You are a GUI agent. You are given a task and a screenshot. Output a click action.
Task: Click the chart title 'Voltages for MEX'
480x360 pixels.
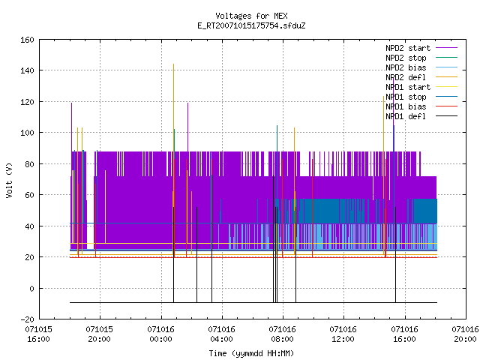[x=251, y=16]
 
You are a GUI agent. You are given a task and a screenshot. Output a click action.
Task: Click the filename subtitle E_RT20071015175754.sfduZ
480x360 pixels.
[x=251, y=25]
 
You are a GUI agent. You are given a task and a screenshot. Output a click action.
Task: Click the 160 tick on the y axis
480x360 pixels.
[x=27, y=40]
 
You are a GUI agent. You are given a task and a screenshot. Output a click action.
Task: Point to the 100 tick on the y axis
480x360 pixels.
[x=27, y=133]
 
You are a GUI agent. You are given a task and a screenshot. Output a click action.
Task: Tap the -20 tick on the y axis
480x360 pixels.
[x=27, y=319]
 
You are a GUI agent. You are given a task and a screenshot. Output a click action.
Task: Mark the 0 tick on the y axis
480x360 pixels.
[x=31, y=288]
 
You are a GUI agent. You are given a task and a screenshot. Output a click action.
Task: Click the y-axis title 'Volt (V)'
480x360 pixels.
[x=9, y=180]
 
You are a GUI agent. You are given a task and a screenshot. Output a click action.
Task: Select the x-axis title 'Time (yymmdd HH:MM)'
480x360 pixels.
[x=251, y=353]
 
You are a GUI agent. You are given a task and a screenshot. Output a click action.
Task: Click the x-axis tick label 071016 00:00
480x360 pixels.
[x=160, y=334]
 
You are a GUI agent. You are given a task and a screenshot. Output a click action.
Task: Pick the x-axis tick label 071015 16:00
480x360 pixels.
[x=38, y=334]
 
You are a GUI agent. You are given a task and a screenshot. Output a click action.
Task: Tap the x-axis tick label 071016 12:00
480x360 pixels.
[x=343, y=334]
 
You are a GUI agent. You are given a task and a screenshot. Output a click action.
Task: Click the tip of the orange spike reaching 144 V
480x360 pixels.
[x=173, y=64]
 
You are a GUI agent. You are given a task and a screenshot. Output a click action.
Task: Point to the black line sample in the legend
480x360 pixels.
[x=447, y=116]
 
